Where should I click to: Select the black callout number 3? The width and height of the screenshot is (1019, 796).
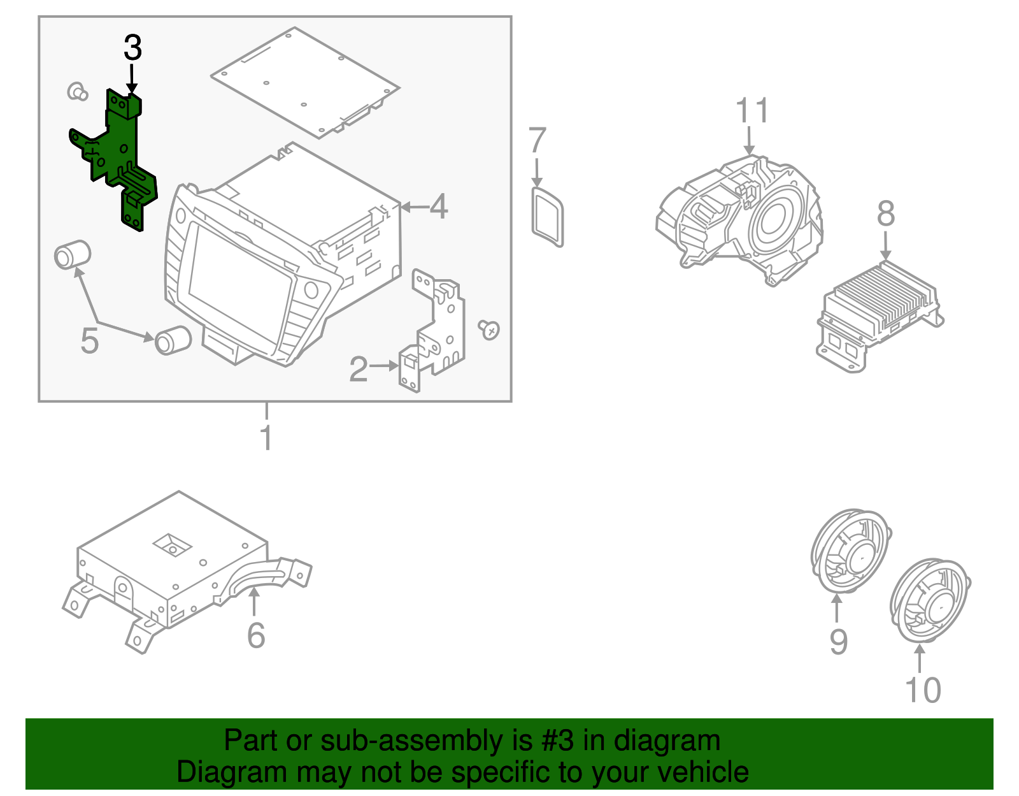132,48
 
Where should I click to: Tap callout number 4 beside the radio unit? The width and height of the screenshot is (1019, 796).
439,206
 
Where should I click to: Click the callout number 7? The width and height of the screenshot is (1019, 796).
538,141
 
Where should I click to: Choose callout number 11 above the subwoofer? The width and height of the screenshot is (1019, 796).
752,111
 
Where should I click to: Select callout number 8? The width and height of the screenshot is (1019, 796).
886,214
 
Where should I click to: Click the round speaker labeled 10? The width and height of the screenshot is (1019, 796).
929,602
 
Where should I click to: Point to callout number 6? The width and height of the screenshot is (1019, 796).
256,635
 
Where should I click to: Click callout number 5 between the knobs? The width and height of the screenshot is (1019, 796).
90,341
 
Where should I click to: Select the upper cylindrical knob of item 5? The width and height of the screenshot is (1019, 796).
72,254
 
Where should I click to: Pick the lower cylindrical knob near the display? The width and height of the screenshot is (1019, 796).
173,340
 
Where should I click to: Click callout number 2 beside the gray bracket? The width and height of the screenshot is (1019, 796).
359,370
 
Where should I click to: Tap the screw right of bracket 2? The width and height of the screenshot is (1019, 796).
489,329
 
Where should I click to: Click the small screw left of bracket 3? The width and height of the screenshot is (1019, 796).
77,91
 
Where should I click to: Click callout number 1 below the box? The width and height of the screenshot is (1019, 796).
266,438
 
